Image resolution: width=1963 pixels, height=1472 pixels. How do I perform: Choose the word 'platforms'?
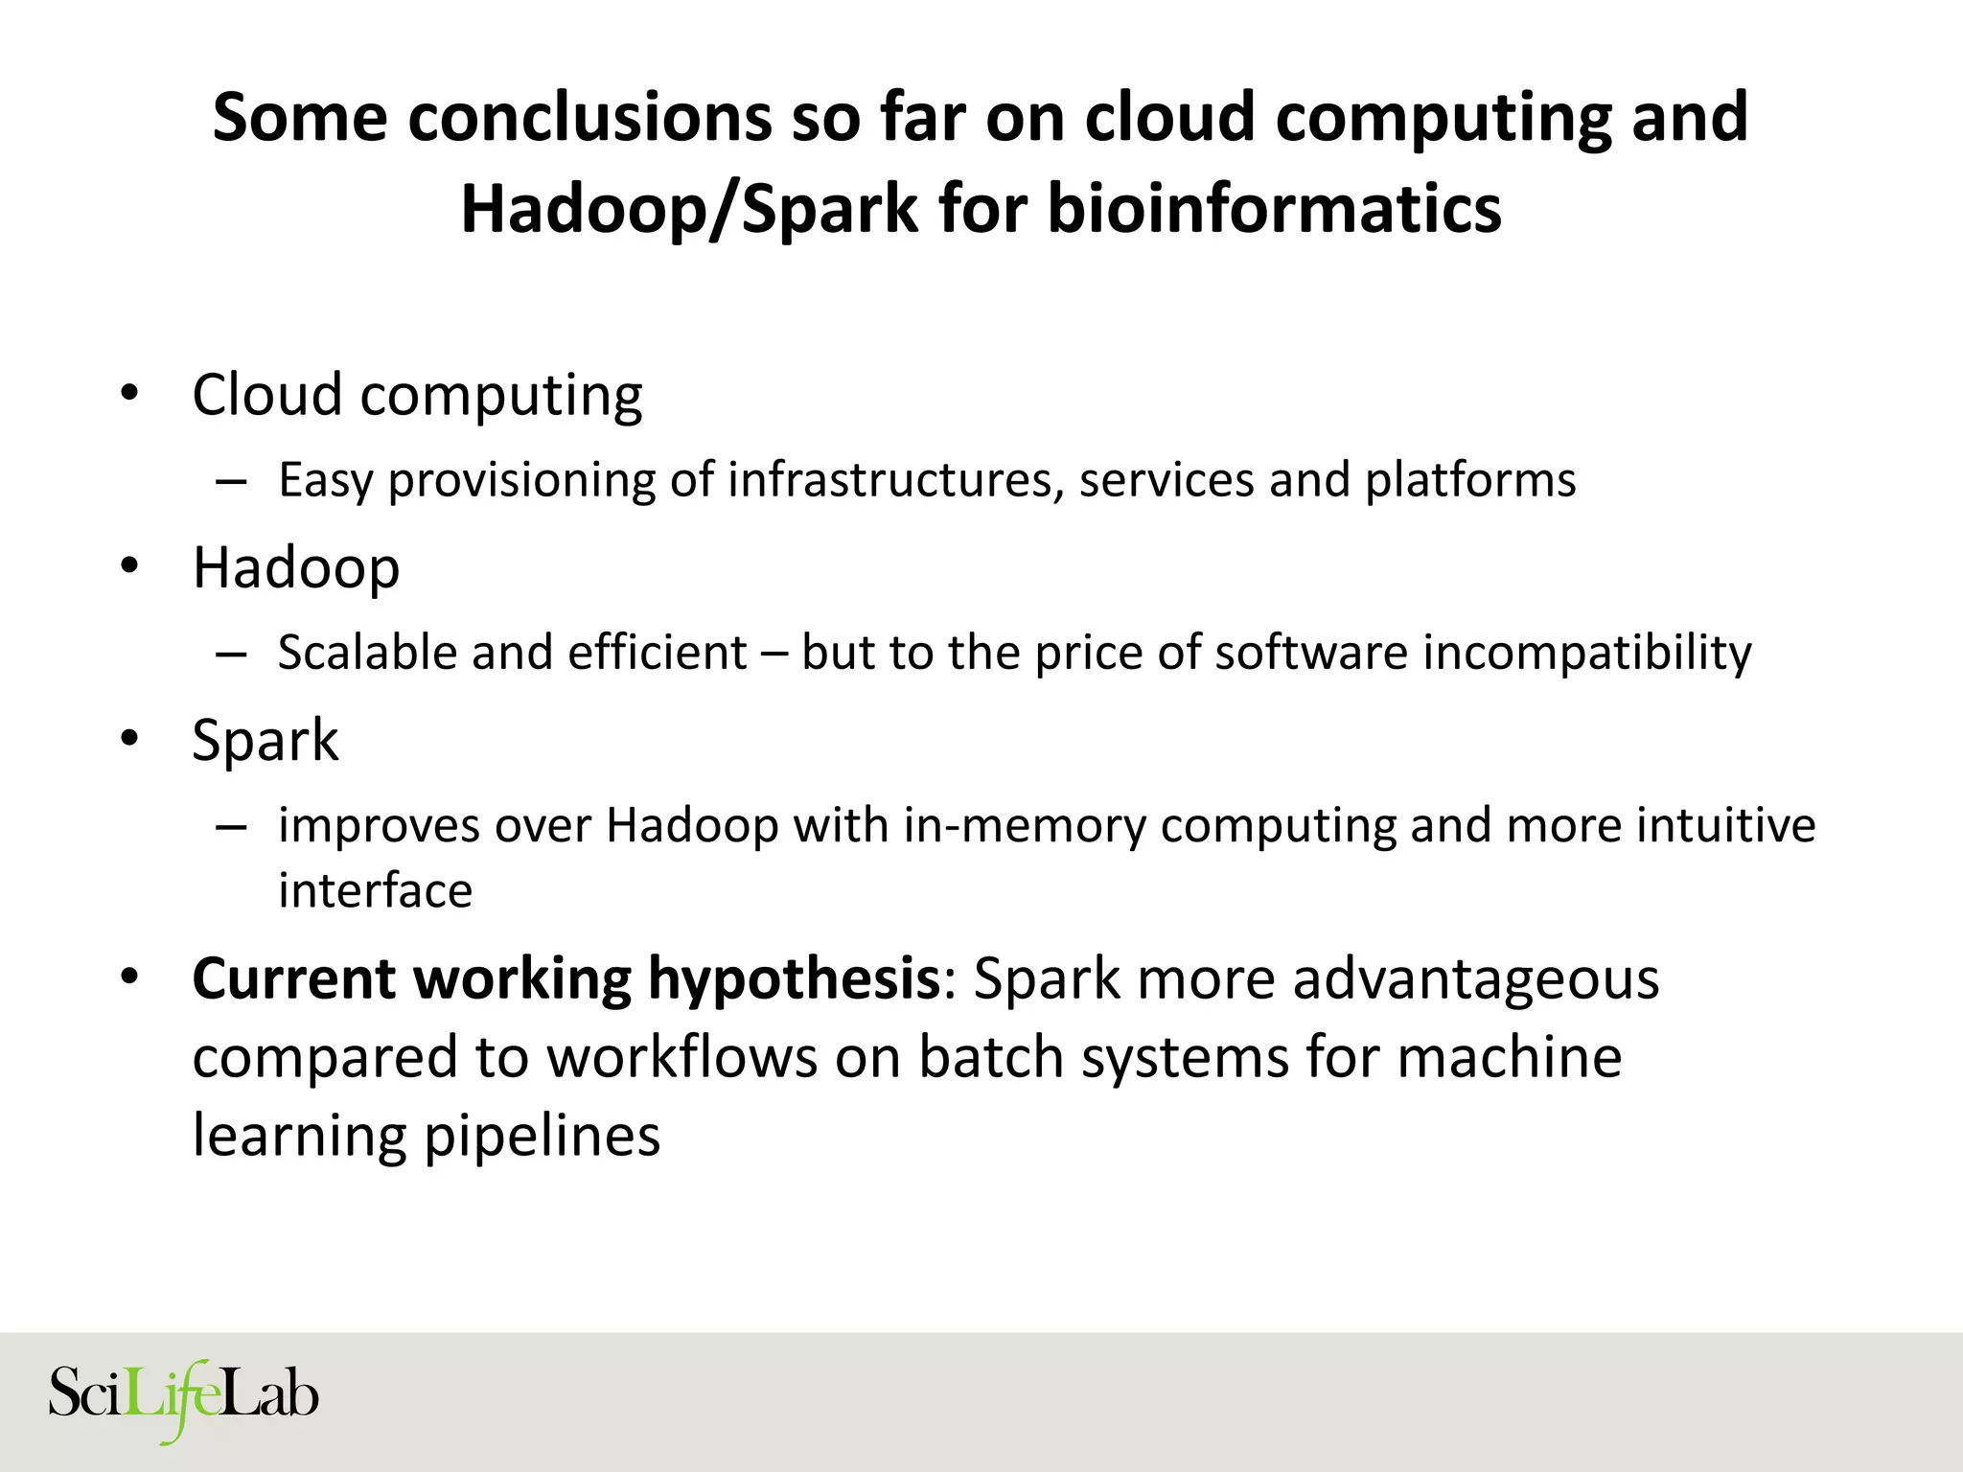pyautogui.click(x=1470, y=480)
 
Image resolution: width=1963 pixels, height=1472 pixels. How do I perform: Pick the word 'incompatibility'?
pyautogui.click(x=1586, y=653)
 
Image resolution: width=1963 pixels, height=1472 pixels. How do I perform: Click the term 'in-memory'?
pyautogui.click(x=1024, y=826)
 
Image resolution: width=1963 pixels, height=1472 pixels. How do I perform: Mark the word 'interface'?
pyautogui.click(x=375, y=890)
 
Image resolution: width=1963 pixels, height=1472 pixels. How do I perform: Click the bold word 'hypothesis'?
pyautogui.click(x=793, y=978)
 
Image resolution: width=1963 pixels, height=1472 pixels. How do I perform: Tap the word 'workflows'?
pyautogui.click(x=681, y=1057)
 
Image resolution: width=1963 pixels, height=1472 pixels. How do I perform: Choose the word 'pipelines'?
pyautogui.click(x=542, y=1136)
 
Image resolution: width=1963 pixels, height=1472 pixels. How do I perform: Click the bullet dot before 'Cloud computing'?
pyautogui.click(x=129, y=394)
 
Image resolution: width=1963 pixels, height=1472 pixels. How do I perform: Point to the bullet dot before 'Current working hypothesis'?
pyautogui.click(x=129, y=978)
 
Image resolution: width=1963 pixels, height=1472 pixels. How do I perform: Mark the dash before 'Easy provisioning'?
pyautogui.click(x=231, y=480)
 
